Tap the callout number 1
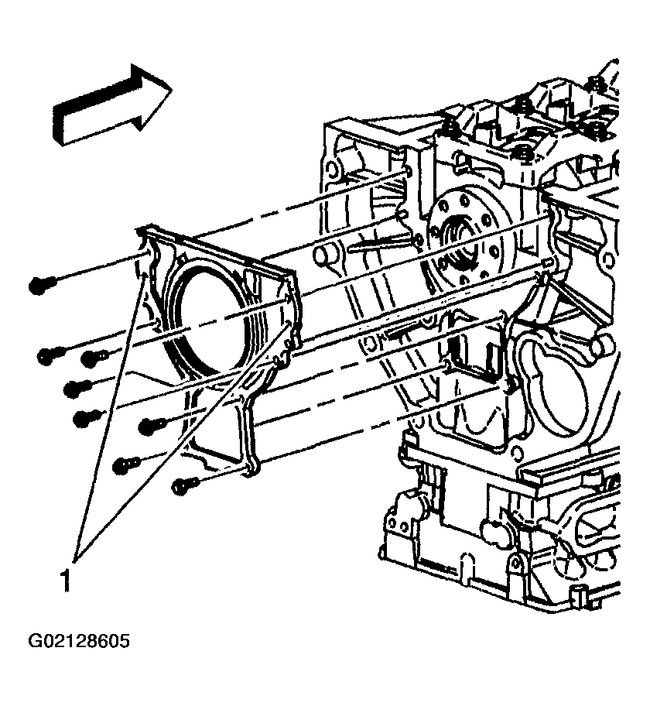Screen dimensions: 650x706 [66, 581]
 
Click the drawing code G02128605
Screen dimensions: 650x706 [79, 641]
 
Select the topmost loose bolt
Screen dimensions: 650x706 [42, 285]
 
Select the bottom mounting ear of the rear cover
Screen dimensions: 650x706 [253, 468]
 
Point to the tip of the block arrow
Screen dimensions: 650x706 [172, 89]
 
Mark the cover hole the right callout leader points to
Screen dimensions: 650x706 [288, 323]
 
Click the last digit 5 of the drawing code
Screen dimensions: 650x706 [125, 641]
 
